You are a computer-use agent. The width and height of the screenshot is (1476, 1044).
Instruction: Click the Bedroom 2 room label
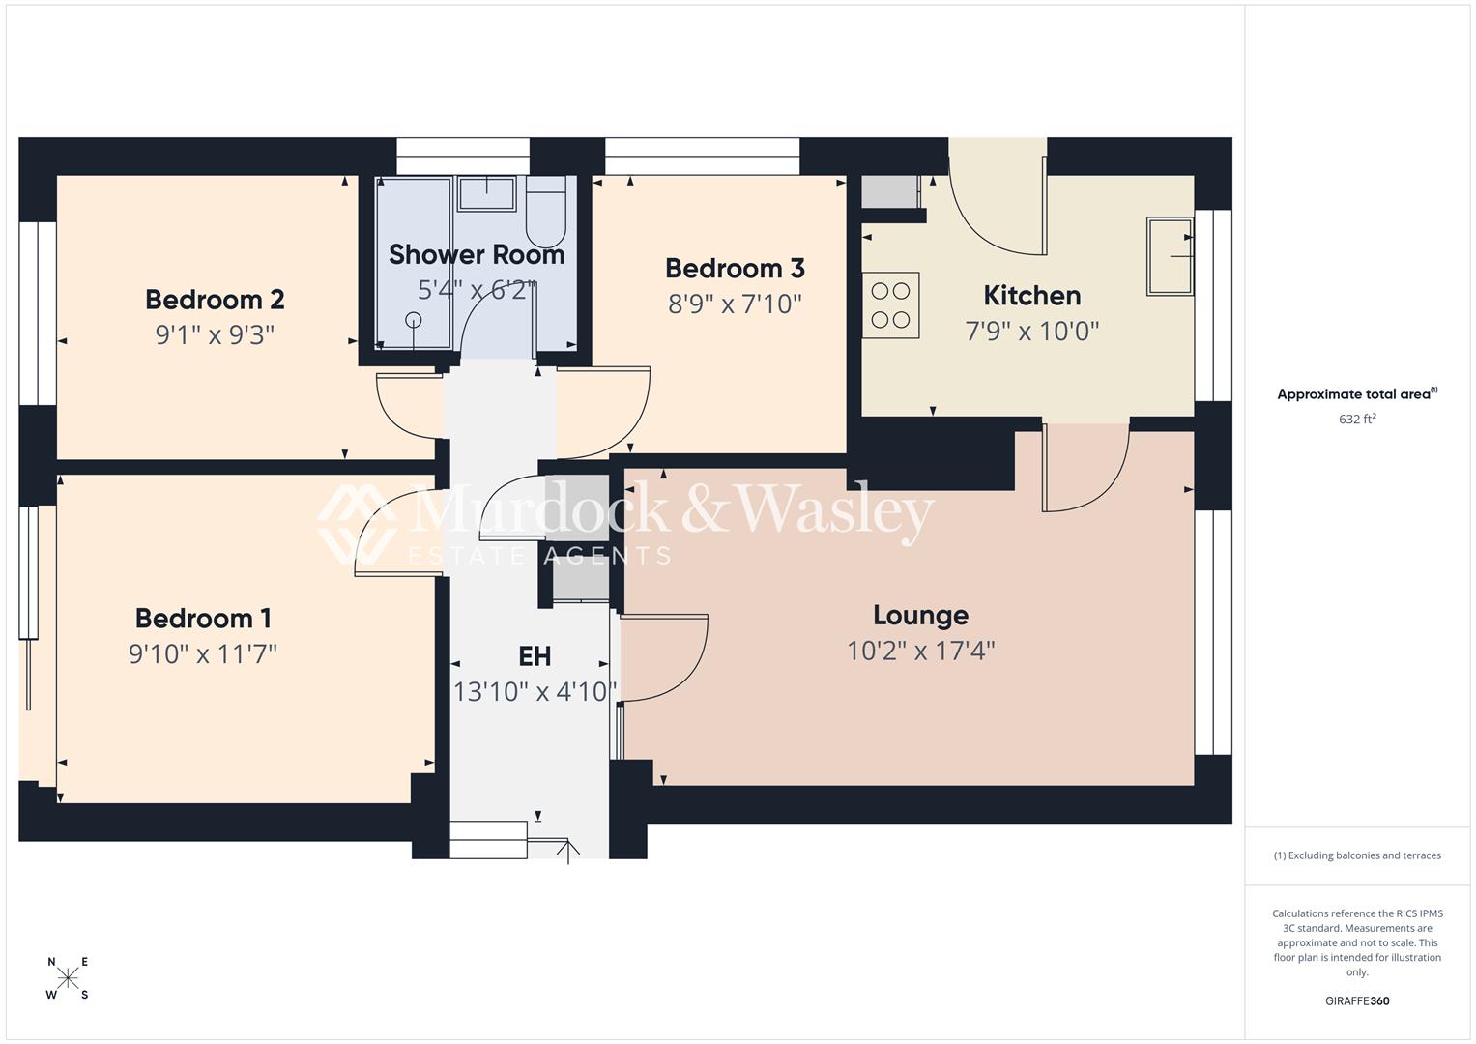coord(215,300)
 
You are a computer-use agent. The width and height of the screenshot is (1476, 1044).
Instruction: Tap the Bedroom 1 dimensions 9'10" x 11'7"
coord(203,654)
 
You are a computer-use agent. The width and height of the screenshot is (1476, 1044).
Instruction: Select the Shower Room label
coord(477,255)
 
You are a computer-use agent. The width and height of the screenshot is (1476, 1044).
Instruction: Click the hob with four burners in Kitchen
coord(890,304)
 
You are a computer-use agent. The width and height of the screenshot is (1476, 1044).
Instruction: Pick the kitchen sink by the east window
coord(1170,256)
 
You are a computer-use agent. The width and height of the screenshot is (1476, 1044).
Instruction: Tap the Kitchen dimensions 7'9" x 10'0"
coord(1032,332)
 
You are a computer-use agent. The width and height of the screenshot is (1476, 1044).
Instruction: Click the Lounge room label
coord(920,615)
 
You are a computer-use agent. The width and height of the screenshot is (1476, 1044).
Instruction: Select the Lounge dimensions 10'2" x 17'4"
coord(920,651)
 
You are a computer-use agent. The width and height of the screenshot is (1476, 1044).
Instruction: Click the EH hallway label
coord(535,656)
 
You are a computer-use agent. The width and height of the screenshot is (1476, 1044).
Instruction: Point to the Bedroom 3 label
coord(735,268)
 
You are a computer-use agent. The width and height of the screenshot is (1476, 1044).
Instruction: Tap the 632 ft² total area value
coord(1357,420)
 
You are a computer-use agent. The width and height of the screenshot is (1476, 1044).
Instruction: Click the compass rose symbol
coord(68,978)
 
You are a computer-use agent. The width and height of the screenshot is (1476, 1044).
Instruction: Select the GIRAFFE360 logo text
coord(1357,1000)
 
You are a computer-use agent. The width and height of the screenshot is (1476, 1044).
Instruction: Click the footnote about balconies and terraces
coord(1357,855)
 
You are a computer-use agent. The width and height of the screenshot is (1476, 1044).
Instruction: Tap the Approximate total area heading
coord(1355,394)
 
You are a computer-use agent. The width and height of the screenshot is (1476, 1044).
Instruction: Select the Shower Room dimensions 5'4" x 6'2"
coord(477,290)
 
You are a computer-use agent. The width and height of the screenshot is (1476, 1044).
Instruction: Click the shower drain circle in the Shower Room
coord(415,319)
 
